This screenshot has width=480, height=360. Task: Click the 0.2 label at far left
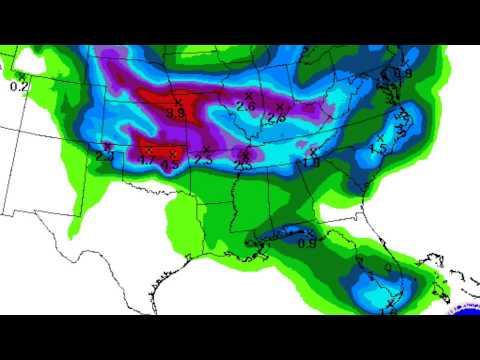coord(19,88)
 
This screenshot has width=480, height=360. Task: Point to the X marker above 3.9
coord(178,101)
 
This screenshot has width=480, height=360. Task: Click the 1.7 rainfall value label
coord(146,160)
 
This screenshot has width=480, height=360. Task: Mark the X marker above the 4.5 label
coord(173,152)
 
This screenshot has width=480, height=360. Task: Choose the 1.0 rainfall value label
coord(311,162)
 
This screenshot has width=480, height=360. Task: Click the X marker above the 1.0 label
coord(313,151)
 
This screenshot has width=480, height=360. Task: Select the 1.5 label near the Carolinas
coord(378,149)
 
